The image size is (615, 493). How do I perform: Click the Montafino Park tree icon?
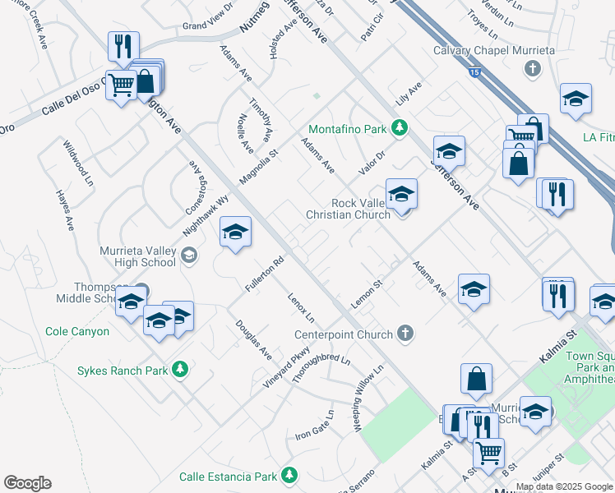click(400, 128)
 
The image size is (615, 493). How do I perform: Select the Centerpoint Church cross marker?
click(404, 334)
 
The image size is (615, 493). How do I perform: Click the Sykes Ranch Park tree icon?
click(182, 371)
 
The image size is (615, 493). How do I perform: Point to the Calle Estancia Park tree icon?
click(289, 476)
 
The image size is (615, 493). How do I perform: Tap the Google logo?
click(27, 483)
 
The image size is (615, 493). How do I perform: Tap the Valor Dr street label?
click(372, 161)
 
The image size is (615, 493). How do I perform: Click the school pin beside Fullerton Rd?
click(235, 233)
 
